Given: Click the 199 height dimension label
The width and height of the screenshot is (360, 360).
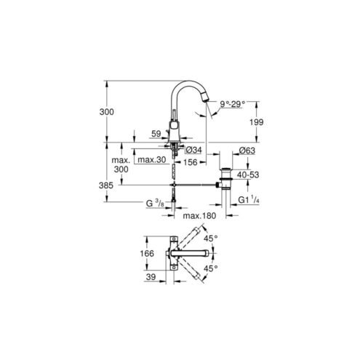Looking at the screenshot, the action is click(257, 122).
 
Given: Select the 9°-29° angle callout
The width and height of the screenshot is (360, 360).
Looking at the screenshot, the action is click(233, 104).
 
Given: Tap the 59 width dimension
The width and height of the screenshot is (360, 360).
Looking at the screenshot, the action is click(156, 134).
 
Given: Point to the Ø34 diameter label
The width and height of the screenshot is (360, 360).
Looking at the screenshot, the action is click(193, 150).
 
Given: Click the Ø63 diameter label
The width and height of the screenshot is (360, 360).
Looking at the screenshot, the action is click(247, 151).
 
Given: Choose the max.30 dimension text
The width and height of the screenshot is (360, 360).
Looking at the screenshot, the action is click(152, 159).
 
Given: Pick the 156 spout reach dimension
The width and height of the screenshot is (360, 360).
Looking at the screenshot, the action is click(190, 162).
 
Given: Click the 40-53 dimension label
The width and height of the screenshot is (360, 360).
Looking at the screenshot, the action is click(248, 175).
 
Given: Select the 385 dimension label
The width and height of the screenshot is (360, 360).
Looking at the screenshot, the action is click(106, 185).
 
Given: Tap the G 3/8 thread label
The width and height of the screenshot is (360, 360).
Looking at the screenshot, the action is click(155, 203).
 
